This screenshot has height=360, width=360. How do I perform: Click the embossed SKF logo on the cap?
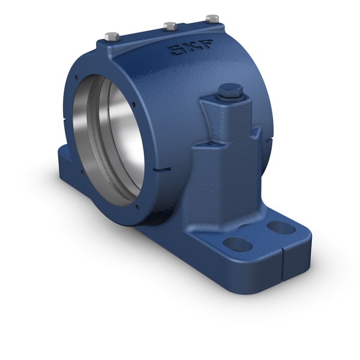(185, 48)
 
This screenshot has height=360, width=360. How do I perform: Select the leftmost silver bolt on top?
(110, 36)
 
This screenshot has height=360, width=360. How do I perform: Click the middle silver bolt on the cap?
(170, 26)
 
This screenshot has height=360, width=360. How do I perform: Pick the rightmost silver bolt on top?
(212, 19)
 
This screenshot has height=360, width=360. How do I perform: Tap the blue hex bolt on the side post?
(229, 92)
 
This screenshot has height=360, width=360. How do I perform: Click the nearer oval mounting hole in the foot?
(238, 244)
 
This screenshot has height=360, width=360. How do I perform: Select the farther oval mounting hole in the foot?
(280, 227)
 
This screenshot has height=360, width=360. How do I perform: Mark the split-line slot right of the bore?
(160, 169)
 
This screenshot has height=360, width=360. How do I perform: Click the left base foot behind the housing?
(66, 159)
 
